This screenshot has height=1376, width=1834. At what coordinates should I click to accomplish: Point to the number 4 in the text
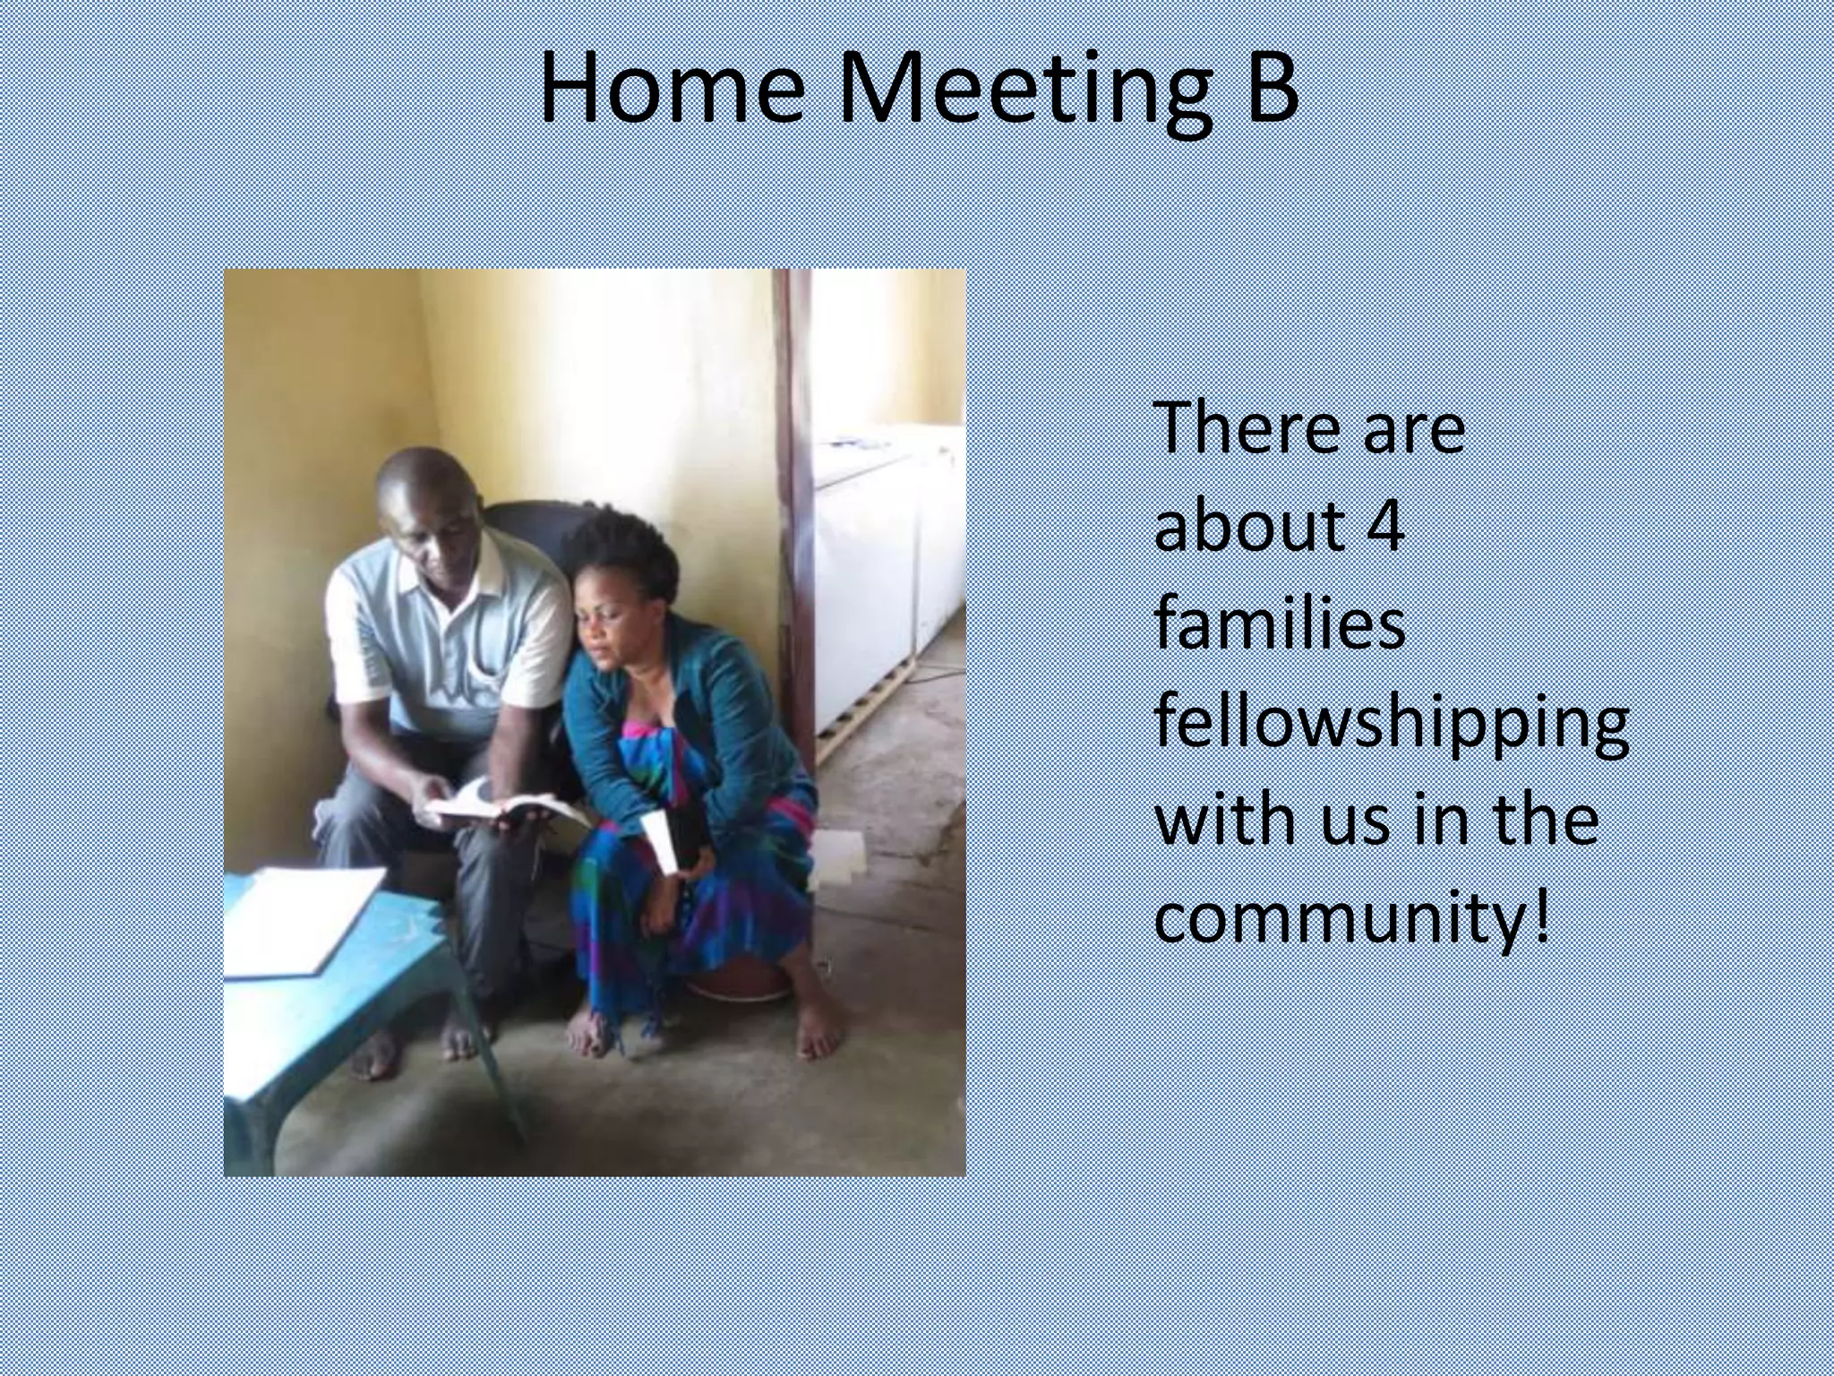pyautogui.click(x=1384, y=526)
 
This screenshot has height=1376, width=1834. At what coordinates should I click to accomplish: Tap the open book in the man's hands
pyautogui.click(x=501, y=804)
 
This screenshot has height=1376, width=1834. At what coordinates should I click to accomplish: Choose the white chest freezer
pyautogui.click(x=882, y=573)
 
